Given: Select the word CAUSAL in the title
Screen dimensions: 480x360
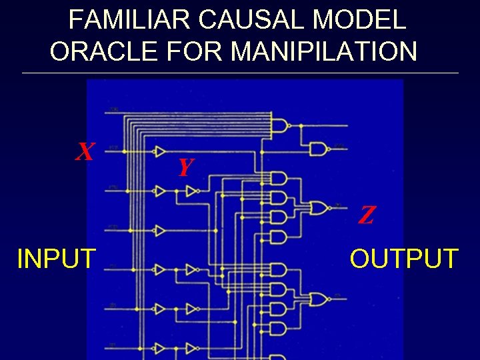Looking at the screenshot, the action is [x=249, y=20].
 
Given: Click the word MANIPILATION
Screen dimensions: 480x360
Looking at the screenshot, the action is [x=327, y=51].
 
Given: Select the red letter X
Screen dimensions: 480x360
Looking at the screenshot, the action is [x=84, y=153].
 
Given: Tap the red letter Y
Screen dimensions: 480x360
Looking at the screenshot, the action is [x=185, y=167].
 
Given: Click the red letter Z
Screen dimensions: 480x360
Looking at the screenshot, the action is [x=366, y=215].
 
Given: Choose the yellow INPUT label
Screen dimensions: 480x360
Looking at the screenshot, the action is [x=57, y=258].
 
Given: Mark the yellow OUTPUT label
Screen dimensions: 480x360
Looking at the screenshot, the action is [x=404, y=258].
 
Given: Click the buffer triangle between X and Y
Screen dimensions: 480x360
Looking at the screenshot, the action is [x=159, y=151].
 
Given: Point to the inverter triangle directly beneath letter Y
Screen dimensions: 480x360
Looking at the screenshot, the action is [x=192, y=192].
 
